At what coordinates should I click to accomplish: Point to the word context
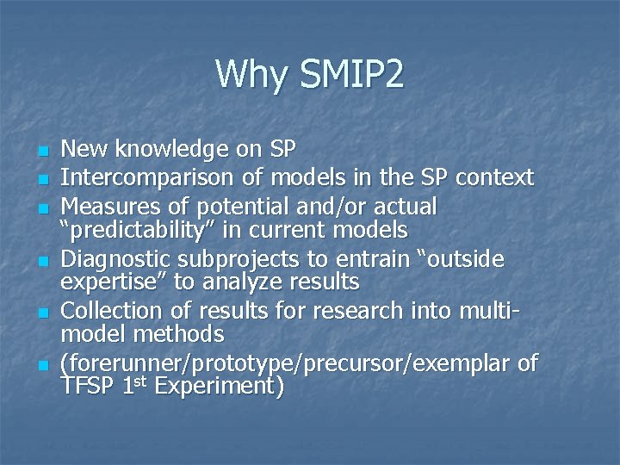point(495,178)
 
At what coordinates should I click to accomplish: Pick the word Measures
point(102,207)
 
